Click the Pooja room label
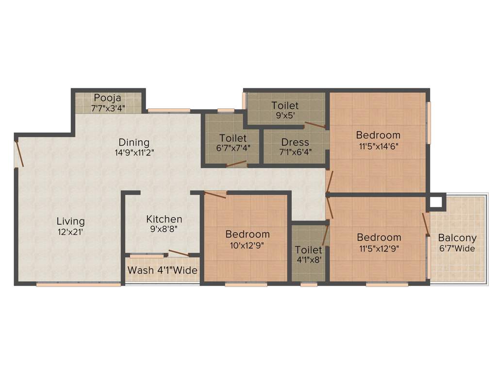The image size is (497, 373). (107, 97)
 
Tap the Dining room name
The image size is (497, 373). (134, 142)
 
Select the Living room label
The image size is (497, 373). (70, 221)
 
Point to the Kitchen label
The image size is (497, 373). (164, 220)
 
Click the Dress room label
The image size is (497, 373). (295, 142)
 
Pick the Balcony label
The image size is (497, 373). (457, 238)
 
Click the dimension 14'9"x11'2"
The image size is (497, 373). (134, 152)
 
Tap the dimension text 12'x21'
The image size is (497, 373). (70, 232)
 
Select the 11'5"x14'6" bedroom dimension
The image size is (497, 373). (378, 145)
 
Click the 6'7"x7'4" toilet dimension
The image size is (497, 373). (232, 148)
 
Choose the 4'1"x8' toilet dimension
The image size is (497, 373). (309, 260)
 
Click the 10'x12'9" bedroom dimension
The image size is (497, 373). (248, 245)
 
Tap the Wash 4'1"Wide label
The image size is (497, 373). (163, 270)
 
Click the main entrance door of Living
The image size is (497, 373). (18, 153)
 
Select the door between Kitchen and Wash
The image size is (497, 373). (179, 253)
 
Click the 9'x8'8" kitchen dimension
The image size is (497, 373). (164, 229)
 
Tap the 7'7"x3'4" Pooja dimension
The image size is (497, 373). (107, 107)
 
